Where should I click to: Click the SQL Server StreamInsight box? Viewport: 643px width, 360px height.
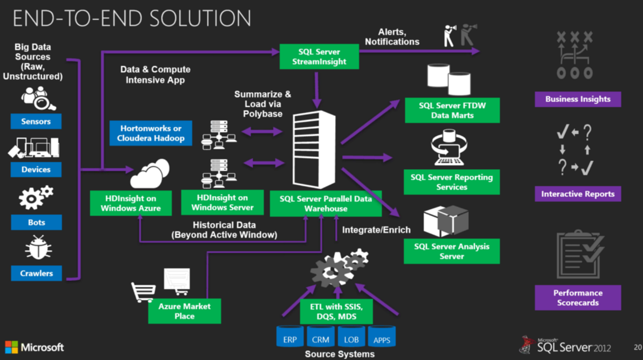[319, 56]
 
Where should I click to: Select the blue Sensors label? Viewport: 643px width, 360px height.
[36, 121]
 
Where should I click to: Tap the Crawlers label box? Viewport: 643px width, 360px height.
[36, 273]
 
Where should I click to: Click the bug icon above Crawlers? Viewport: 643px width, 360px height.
[38, 248]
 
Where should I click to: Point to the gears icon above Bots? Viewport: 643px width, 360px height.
[35, 197]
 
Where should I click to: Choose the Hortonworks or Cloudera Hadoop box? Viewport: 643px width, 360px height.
[151, 133]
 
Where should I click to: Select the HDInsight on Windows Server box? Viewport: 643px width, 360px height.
[222, 202]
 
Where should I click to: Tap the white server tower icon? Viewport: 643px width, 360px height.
[313, 149]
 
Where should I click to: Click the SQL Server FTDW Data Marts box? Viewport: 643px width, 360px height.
[452, 111]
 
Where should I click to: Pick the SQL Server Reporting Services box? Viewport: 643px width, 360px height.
[452, 182]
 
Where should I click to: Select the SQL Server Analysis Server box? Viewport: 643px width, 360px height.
[452, 251]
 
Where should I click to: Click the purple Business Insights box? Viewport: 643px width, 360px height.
[578, 99]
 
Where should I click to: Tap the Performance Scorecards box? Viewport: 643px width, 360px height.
[578, 298]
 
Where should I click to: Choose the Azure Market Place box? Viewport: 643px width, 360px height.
[184, 311]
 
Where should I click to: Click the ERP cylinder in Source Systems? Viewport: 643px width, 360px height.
[290, 337]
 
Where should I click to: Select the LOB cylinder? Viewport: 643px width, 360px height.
[351, 337]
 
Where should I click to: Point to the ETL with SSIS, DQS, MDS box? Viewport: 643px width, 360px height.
[336, 312]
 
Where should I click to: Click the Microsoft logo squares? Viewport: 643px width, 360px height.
[12, 347]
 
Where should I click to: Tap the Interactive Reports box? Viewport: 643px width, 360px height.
[578, 194]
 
